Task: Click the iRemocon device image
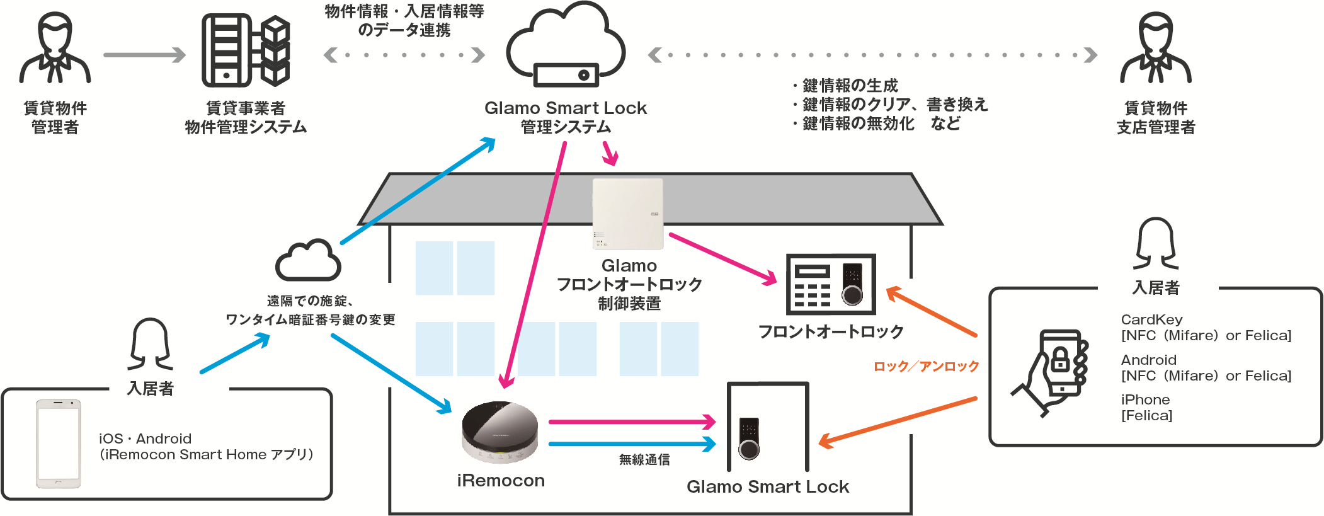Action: (x=499, y=432)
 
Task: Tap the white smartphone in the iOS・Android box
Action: (x=58, y=444)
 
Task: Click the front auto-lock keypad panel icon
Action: (x=831, y=284)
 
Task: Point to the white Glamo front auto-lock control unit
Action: (x=628, y=214)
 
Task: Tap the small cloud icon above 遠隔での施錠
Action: (x=308, y=260)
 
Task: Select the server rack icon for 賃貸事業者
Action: (x=246, y=50)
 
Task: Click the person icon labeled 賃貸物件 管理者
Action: (x=55, y=49)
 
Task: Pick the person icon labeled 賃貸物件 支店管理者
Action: (x=1156, y=49)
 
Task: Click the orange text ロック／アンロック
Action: (x=926, y=366)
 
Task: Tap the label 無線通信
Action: (x=644, y=460)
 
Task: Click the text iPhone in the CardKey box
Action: (x=1145, y=399)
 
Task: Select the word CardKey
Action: (x=1151, y=319)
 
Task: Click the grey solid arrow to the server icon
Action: (x=144, y=55)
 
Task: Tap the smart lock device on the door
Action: (x=749, y=438)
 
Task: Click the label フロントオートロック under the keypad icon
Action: (x=831, y=332)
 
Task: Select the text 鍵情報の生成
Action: (x=850, y=86)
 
